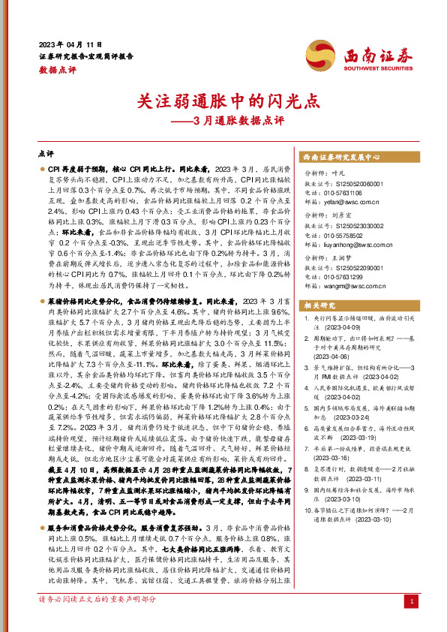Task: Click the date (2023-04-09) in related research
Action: tap(343, 328)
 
